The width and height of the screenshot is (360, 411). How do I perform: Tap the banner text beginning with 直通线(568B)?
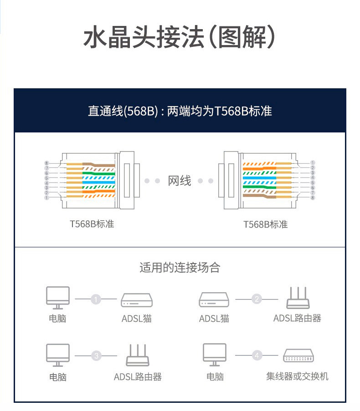pos(180,111)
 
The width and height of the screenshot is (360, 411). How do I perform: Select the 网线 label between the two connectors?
pos(180,181)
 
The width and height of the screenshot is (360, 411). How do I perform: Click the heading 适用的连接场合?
pos(180,267)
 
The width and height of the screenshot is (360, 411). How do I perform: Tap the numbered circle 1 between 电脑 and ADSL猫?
pos(96,299)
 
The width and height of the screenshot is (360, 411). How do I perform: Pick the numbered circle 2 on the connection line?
pos(257,299)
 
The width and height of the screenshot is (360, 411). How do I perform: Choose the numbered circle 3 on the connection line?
pos(96,356)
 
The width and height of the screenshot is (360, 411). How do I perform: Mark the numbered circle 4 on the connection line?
pos(257,356)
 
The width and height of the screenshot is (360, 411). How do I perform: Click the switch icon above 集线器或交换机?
pos(299,355)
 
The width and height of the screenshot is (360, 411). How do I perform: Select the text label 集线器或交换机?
pos(297,376)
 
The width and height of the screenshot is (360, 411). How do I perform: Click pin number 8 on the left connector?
pos(46,163)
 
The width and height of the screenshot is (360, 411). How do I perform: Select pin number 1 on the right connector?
pos(313,163)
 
